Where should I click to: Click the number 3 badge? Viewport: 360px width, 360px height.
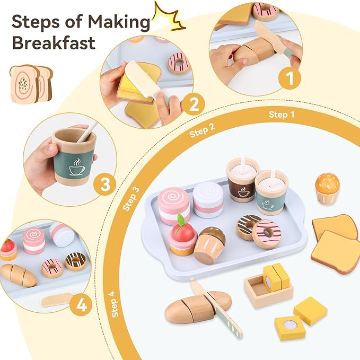106,185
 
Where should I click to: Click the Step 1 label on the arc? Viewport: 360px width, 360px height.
278,115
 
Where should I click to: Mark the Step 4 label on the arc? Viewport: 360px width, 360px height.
117,302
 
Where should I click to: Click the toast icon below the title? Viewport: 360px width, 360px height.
31,83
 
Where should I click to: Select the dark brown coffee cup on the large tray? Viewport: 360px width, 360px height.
242,181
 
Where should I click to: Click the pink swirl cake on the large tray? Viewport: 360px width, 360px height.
174,206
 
